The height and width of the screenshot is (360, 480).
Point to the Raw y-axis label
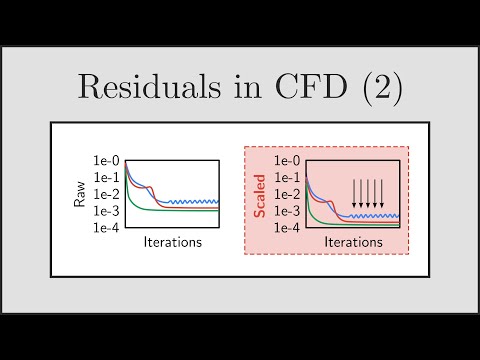click(80, 194)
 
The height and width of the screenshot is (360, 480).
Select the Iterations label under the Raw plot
click(173, 242)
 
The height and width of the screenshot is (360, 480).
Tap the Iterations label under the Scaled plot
click(355, 242)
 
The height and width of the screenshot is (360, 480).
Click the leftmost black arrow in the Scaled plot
click(354, 195)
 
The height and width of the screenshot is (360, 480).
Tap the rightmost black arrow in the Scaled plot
click(387, 195)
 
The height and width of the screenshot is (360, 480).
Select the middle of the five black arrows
click(370, 195)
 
